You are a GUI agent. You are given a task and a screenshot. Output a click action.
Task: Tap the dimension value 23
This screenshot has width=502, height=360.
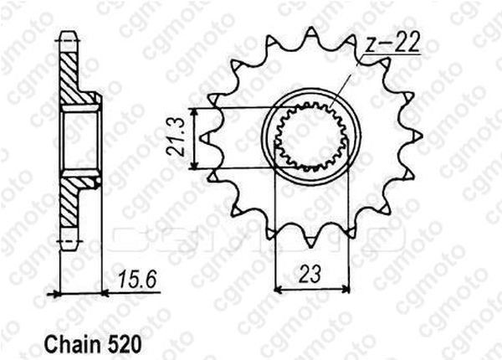point(310,274)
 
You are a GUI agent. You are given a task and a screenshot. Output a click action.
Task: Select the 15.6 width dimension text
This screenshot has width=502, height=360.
point(137,280)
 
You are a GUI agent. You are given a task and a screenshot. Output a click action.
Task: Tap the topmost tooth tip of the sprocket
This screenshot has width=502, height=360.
point(311,28)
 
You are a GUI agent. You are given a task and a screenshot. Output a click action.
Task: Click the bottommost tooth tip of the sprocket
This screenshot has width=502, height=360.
point(310,247)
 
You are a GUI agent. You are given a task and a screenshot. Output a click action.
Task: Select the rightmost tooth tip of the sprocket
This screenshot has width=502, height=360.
point(422,136)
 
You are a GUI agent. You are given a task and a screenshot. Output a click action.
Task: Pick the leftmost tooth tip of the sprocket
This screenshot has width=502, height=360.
point(200,138)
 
